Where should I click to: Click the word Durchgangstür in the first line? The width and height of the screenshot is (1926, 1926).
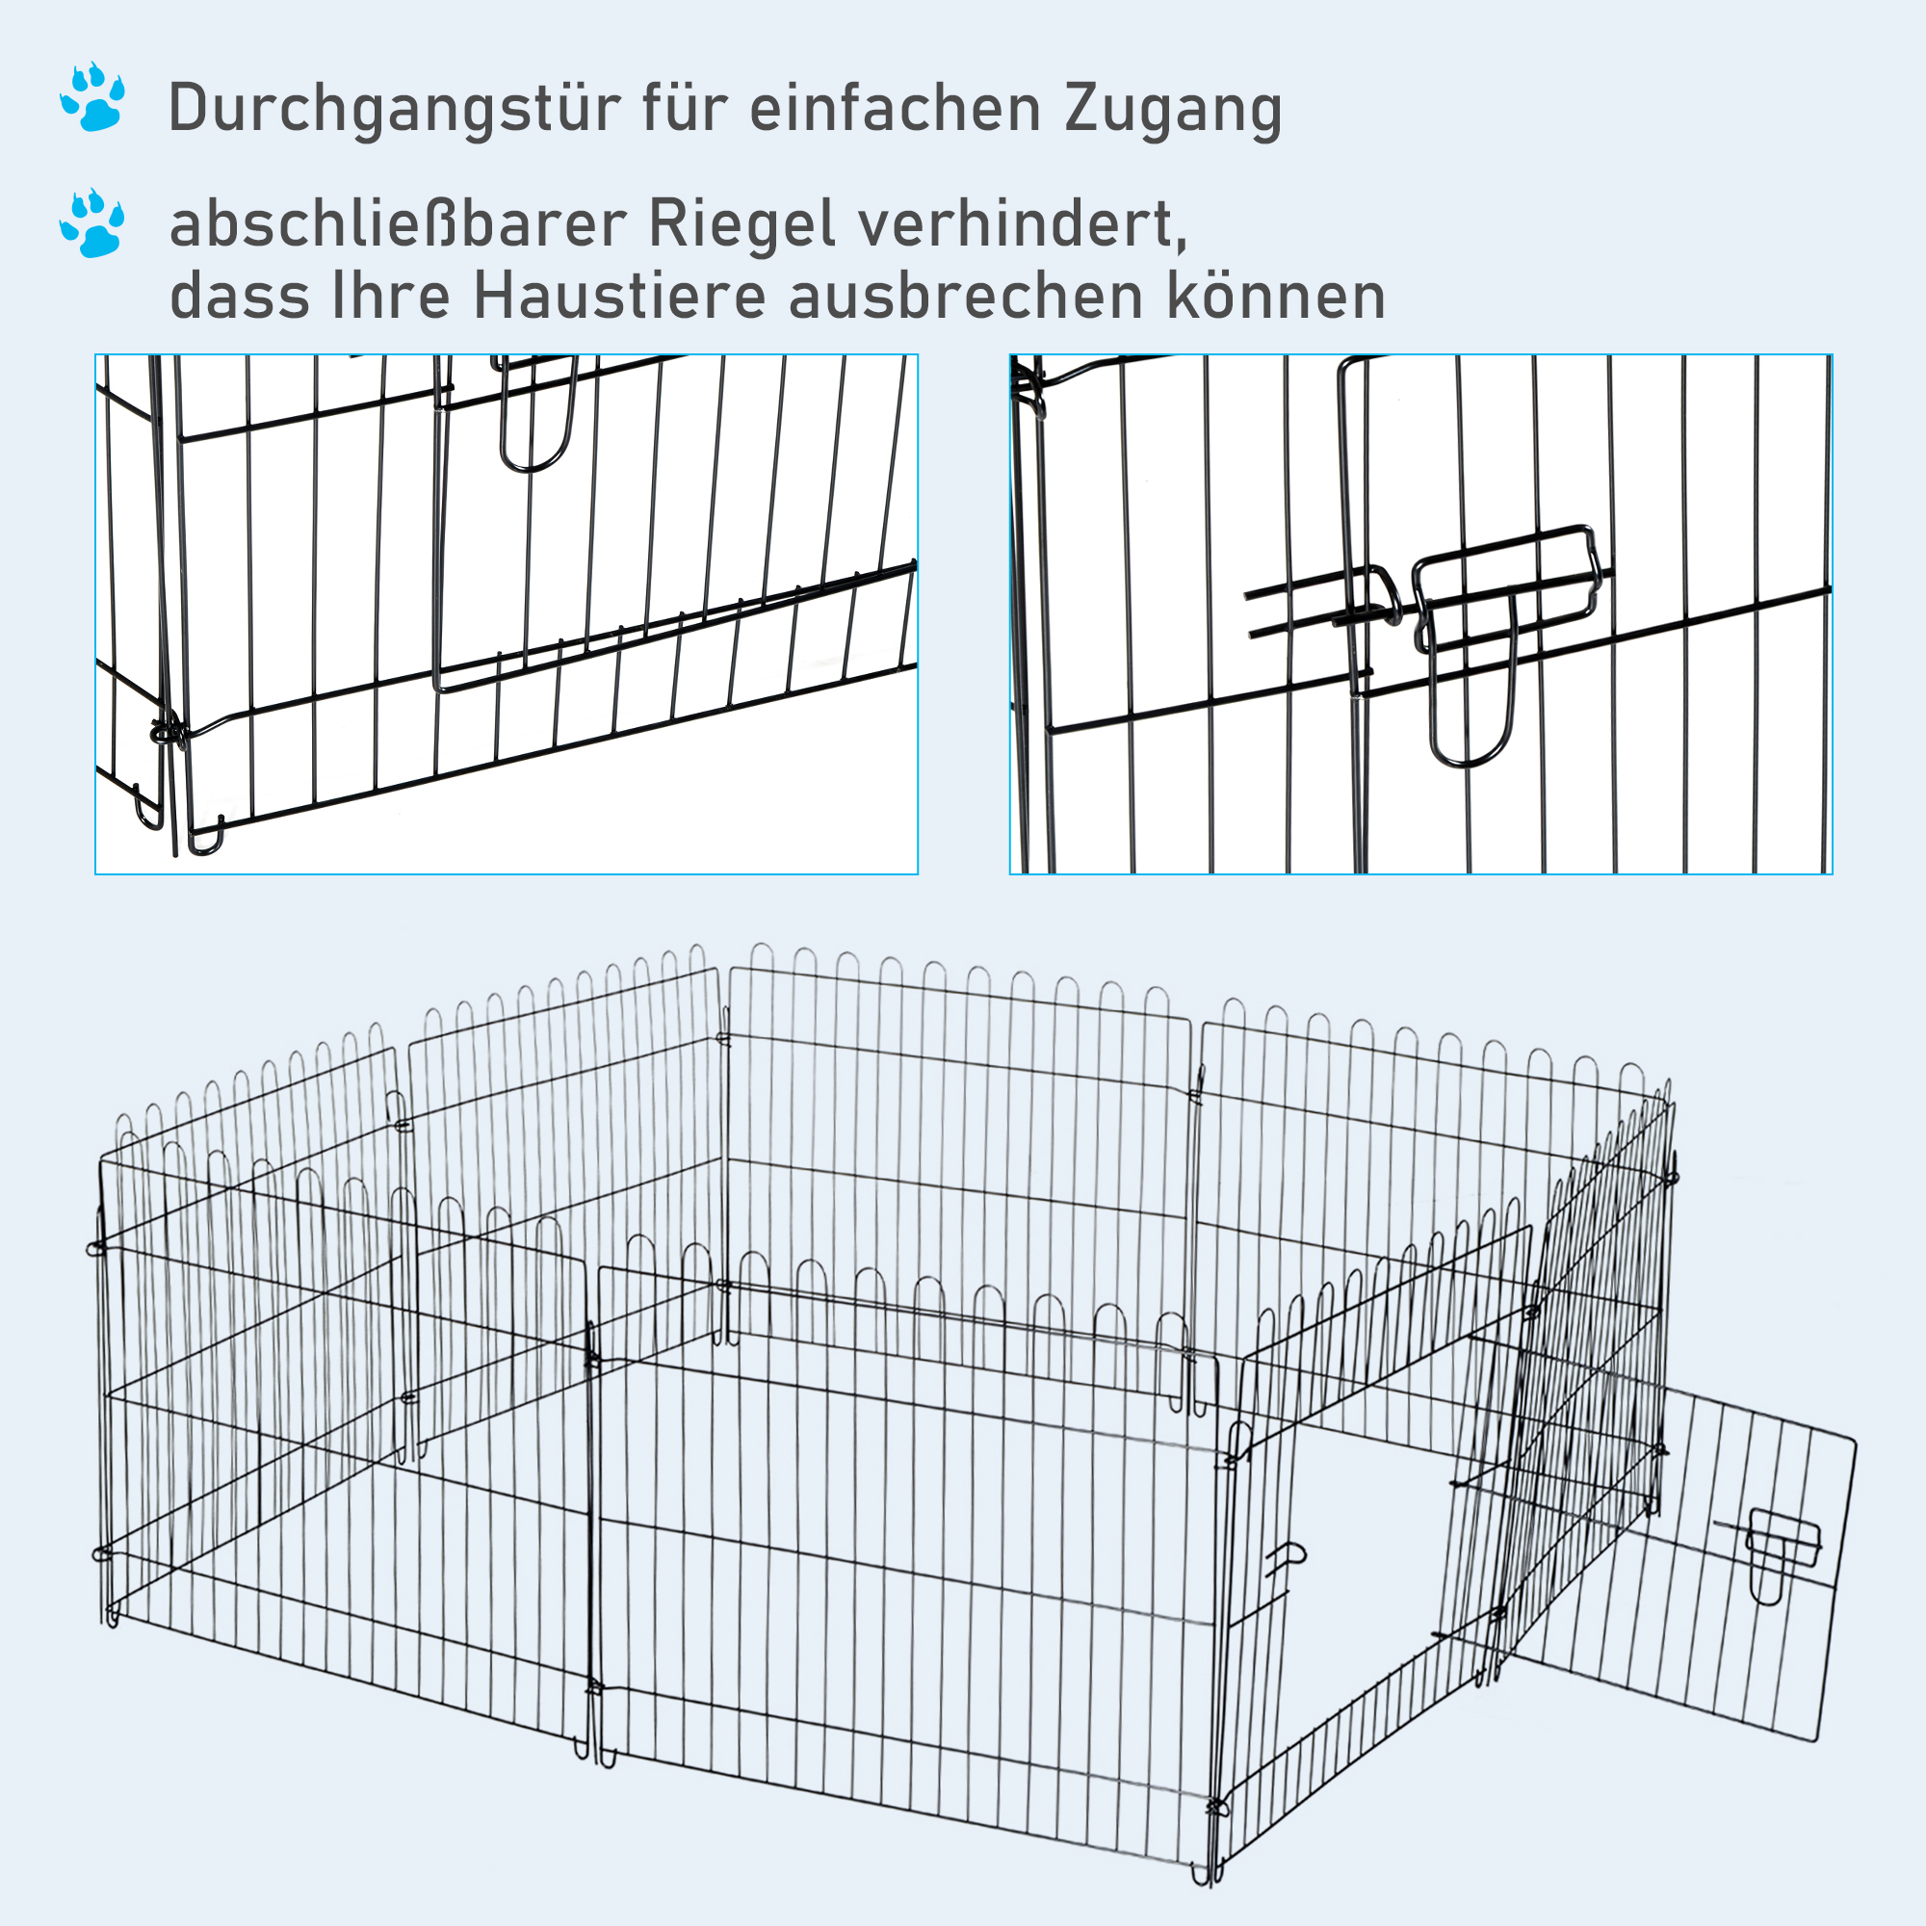(x=393, y=110)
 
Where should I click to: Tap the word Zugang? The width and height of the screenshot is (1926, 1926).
(x=1172, y=110)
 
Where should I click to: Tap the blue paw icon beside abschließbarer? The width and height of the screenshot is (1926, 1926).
(x=92, y=223)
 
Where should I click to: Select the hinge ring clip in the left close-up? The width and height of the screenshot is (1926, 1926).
(x=168, y=733)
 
